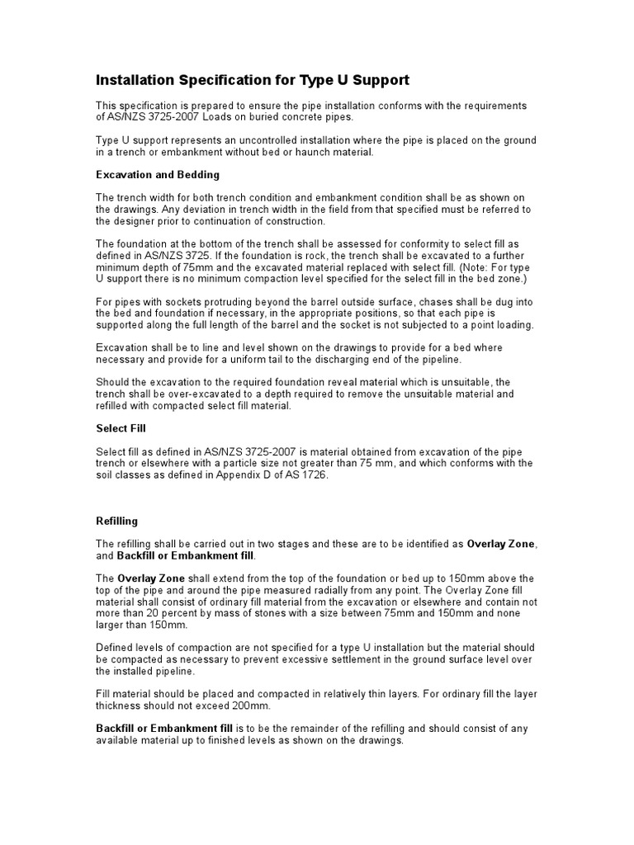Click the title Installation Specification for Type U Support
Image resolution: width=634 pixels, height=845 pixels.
(253, 80)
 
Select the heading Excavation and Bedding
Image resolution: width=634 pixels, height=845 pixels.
(158, 175)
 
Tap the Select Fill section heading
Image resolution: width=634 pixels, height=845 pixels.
(121, 428)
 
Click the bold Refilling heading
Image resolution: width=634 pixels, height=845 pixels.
(117, 522)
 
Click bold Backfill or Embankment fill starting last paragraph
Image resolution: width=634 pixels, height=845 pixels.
(164, 729)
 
